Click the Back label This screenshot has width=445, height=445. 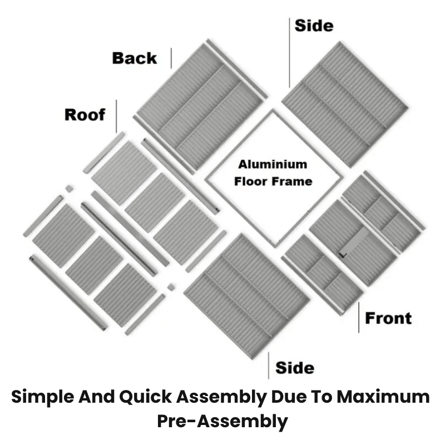point(135,58)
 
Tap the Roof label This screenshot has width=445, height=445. point(85,115)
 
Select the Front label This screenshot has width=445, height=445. point(388,318)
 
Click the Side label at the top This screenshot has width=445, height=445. point(314,26)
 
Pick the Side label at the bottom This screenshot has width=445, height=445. point(295,368)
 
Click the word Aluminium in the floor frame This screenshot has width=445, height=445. point(273,164)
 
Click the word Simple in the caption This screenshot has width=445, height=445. point(43,397)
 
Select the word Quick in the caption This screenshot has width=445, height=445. point(145,397)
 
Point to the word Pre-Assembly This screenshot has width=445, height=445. point(222,421)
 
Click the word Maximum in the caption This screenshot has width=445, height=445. point(383,397)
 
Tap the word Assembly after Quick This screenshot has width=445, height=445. point(221,397)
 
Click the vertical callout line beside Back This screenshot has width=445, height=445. point(171,58)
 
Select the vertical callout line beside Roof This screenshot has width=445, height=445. point(116,116)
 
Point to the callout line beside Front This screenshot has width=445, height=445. point(359,317)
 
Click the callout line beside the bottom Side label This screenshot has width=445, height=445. point(269,365)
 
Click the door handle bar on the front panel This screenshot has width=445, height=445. point(354,243)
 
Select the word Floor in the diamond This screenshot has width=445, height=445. point(252,181)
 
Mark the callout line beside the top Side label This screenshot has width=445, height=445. point(289,52)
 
